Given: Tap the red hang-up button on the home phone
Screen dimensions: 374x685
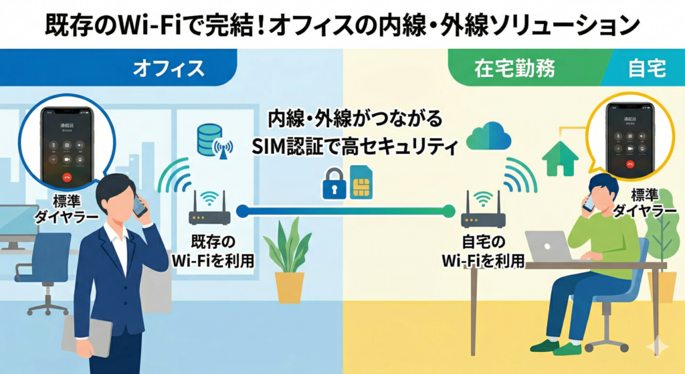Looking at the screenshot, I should [x=629, y=163].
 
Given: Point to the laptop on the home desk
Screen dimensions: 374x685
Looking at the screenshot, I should [x=547, y=246].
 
